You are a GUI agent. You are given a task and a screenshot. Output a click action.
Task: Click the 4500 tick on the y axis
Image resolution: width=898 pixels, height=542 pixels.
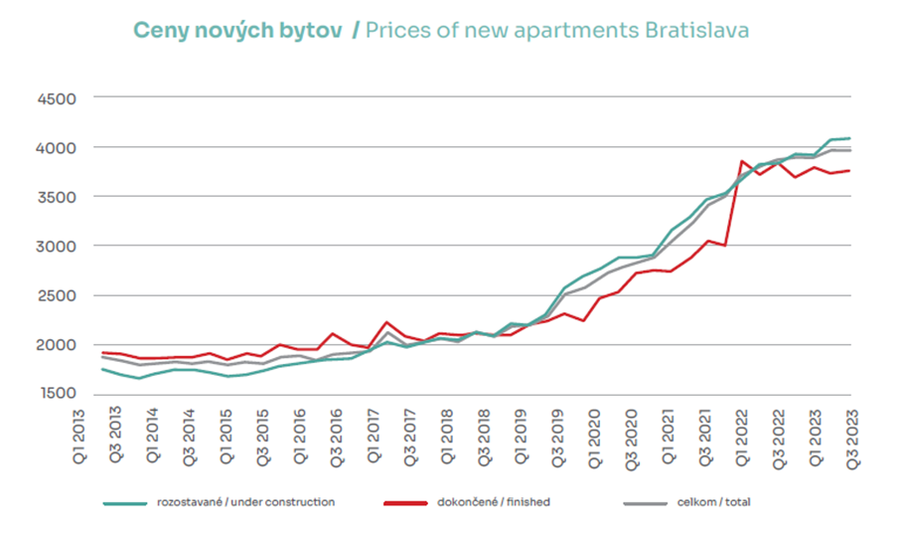point(58,98)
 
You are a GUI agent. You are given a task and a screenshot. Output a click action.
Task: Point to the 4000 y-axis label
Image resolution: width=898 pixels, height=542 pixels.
point(58,148)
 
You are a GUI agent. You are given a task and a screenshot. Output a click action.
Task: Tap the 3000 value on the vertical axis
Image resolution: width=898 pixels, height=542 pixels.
point(58,247)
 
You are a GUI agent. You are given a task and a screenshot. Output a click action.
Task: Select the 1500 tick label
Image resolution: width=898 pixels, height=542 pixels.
point(58,395)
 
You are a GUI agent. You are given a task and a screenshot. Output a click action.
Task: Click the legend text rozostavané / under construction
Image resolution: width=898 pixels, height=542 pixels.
point(245,503)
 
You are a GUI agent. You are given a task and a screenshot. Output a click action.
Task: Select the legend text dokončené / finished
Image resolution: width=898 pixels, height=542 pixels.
point(494,503)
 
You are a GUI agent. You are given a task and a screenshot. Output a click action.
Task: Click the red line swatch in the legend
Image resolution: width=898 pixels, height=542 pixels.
point(404,503)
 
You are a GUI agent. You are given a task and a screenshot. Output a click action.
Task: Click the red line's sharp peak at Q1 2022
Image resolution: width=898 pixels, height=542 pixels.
point(741,161)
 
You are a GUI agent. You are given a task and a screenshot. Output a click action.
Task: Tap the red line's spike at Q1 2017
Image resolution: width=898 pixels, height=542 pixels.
point(386,322)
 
